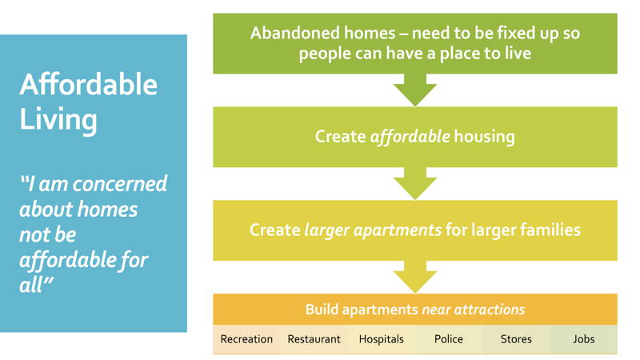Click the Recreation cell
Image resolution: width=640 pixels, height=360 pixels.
pos(246,339)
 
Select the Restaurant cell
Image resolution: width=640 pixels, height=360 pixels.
pos(314,339)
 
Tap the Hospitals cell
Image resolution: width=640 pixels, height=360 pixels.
pos(382,339)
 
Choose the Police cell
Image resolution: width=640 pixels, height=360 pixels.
pos(449,339)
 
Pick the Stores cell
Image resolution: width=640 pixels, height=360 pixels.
pos(516,339)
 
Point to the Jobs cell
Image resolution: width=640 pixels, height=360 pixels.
pos(584,339)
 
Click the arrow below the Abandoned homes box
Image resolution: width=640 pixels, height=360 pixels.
pos(415,90)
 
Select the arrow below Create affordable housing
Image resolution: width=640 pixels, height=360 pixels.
pos(415,184)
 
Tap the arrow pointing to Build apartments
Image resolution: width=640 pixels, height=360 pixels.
pos(415,277)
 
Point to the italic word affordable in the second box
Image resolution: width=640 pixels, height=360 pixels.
pos(410,136)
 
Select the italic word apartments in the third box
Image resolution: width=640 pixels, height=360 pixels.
pos(397,230)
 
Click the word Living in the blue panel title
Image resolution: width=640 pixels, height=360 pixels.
pos(58,120)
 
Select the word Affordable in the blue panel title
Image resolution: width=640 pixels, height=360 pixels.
pos(89,85)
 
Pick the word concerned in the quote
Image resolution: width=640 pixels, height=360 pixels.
pos(125,184)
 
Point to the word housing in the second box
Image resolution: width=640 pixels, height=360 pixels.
pos(484,137)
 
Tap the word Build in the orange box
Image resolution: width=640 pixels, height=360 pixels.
pos(322,310)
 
